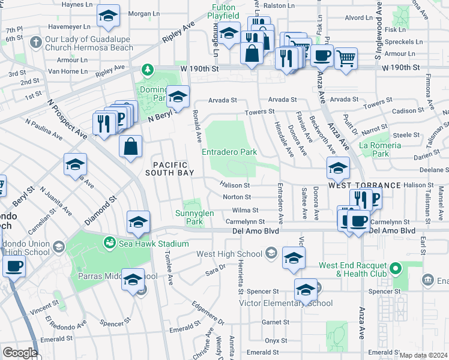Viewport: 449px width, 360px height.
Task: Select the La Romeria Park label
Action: [379, 149]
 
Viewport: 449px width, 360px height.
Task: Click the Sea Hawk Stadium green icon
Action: [109, 242]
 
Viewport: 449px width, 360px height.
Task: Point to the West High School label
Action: [230, 254]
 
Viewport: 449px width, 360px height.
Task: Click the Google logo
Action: [20, 352]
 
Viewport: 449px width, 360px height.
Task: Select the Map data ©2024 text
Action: [423, 355]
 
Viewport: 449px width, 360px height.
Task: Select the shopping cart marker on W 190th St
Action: [345, 59]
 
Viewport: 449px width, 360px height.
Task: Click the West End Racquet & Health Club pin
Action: [394, 267]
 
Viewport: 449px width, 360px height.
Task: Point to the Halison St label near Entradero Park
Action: [235, 185]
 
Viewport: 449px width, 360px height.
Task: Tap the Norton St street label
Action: [236, 197]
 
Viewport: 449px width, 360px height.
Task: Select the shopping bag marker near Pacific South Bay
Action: [130, 146]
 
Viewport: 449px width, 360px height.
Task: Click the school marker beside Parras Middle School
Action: [133, 279]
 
